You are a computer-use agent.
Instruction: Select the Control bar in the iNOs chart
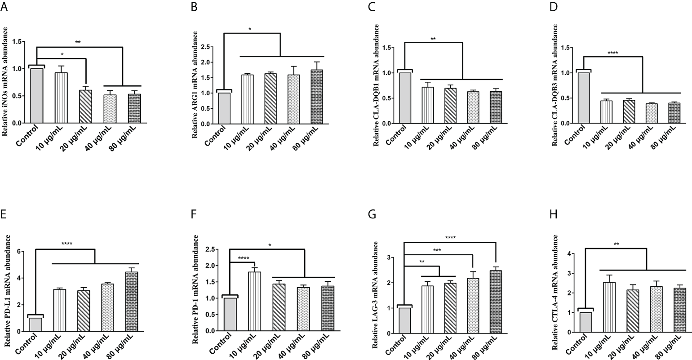[x=36, y=96]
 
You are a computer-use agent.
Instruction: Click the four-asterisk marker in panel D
[x=612, y=53]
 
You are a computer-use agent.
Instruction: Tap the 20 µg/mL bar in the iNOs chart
[x=83, y=107]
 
